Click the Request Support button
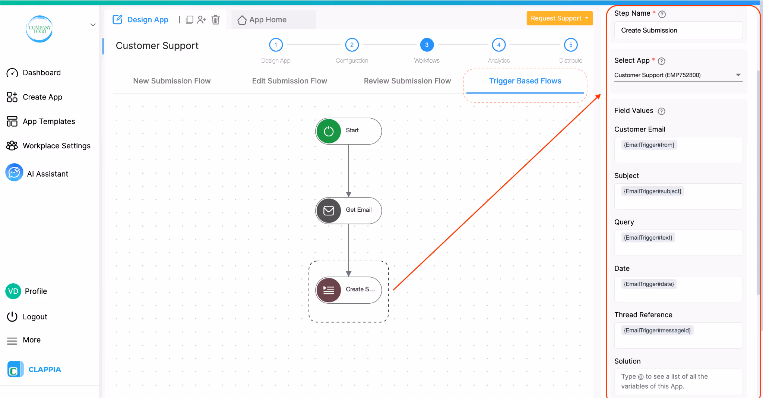pyautogui.click(x=559, y=18)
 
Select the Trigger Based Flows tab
pyautogui.click(x=525, y=81)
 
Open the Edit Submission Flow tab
pyautogui.click(x=289, y=81)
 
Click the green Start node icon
pyautogui.click(x=329, y=131)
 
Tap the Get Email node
pyautogui.click(x=349, y=211)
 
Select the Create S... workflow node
pyautogui.click(x=349, y=290)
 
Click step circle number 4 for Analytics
pyautogui.click(x=498, y=45)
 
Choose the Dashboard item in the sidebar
pyautogui.click(x=41, y=73)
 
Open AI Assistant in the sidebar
pyautogui.click(x=47, y=174)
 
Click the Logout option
pyautogui.click(x=35, y=317)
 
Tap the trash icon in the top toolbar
pyautogui.click(x=216, y=20)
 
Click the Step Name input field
pyautogui.click(x=678, y=30)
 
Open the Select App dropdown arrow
pyautogui.click(x=738, y=75)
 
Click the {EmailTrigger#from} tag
pyautogui.click(x=649, y=145)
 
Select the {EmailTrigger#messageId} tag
pyautogui.click(x=657, y=331)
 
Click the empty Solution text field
pyautogui.click(x=678, y=382)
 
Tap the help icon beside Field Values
pyautogui.click(x=661, y=111)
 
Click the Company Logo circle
pyautogui.click(x=39, y=29)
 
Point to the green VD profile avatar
pyautogui.click(x=13, y=291)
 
